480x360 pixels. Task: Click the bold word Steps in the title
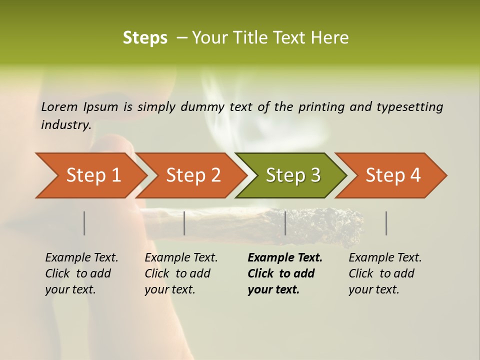click(145, 38)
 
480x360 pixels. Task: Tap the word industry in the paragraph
click(65, 124)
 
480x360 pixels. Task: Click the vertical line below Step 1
click(84, 223)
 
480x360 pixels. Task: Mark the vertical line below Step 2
click(184, 223)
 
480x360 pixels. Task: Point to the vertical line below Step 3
click(285, 223)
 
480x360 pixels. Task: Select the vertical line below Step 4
click(386, 223)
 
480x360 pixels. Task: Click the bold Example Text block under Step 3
click(285, 273)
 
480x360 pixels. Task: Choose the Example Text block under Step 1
click(81, 273)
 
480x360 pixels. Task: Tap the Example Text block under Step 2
click(181, 273)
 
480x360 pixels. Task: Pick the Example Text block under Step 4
click(385, 273)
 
